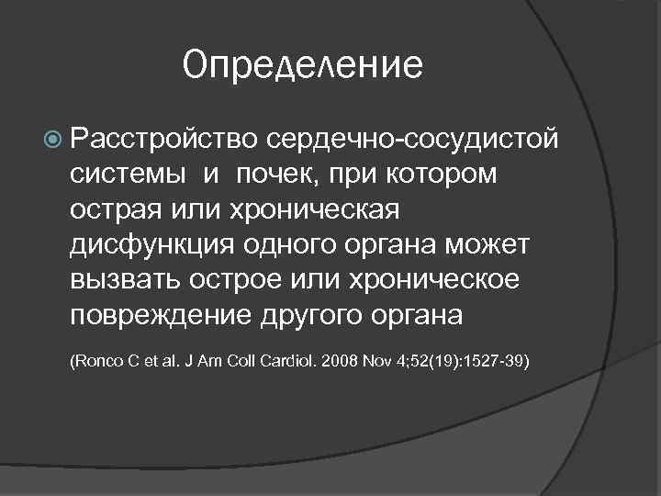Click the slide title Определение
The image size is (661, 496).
click(303, 66)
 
